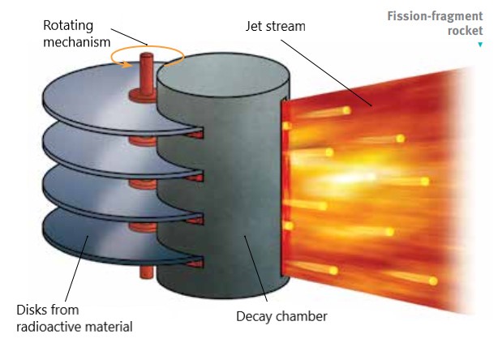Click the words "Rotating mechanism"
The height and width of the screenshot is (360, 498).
[76, 34]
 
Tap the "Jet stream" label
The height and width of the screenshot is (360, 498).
[276, 26]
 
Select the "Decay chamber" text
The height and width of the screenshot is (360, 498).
[281, 316]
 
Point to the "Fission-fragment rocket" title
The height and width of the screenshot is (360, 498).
[435, 24]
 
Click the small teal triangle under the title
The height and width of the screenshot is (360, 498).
[480, 45]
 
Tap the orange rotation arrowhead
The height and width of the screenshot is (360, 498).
[127, 64]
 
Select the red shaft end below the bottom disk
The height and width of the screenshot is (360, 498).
[147, 272]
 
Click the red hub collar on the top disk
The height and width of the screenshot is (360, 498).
[143, 96]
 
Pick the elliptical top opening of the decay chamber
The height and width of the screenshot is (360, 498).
[223, 75]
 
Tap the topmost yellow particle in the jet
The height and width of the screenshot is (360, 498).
[346, 110]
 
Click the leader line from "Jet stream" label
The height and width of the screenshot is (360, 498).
[326, 73]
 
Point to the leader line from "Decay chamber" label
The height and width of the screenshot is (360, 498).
[256, 268]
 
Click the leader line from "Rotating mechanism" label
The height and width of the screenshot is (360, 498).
[129, 36]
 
